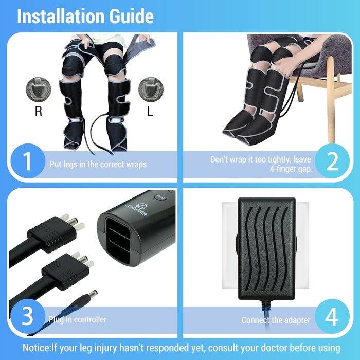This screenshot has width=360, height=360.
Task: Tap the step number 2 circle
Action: point(332,162)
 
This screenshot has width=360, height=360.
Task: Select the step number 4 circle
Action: point(332,317)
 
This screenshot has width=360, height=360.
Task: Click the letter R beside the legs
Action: point(38,111)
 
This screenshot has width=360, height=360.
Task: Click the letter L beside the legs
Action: point(150,111)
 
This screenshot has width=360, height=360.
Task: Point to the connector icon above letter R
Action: point(39,88)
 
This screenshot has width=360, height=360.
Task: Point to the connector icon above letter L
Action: point(150,88)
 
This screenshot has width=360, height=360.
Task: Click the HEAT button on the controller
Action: point(160,196)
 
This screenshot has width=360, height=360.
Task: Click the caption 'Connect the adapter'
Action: point(276,320)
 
